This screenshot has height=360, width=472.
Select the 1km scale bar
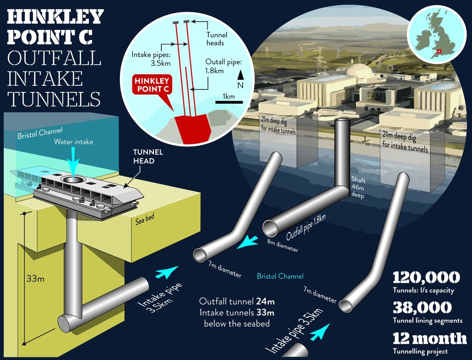[229, 102]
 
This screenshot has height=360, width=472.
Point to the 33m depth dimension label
[35, 279]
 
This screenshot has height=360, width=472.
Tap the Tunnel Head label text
[148, 156]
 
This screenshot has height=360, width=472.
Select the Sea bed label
[145, 219]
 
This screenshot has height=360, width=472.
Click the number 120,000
[426, 277]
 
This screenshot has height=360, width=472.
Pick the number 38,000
[422, 307]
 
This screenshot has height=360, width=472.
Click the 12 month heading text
[430, 338]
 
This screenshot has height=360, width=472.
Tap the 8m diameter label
[282, 246]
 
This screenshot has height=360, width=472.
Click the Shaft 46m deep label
[358, 188]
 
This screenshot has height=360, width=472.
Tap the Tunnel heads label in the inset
[217, 39]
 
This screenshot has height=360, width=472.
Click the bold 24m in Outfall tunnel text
[265, 301]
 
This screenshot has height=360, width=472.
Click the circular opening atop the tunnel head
[73, 179]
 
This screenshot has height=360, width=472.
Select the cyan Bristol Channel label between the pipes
[280, 276]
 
